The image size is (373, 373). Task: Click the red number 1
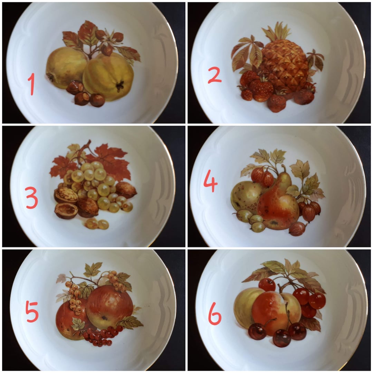[x=31, y=84]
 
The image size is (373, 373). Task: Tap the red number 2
[x=214, y=75]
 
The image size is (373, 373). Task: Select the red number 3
[x=31, y=198]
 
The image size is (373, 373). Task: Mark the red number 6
[x=214, y=313]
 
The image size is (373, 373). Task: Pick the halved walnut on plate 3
[x=66, y=211]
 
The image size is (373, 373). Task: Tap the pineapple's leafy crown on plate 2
[x=276, y=33]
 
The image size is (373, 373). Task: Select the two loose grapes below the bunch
[x=97, y=224]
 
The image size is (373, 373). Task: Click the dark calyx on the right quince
[x=120, y=86]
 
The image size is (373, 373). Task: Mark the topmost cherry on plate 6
[x=267, y=285]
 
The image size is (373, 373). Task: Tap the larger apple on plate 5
[x=109, y=306]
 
